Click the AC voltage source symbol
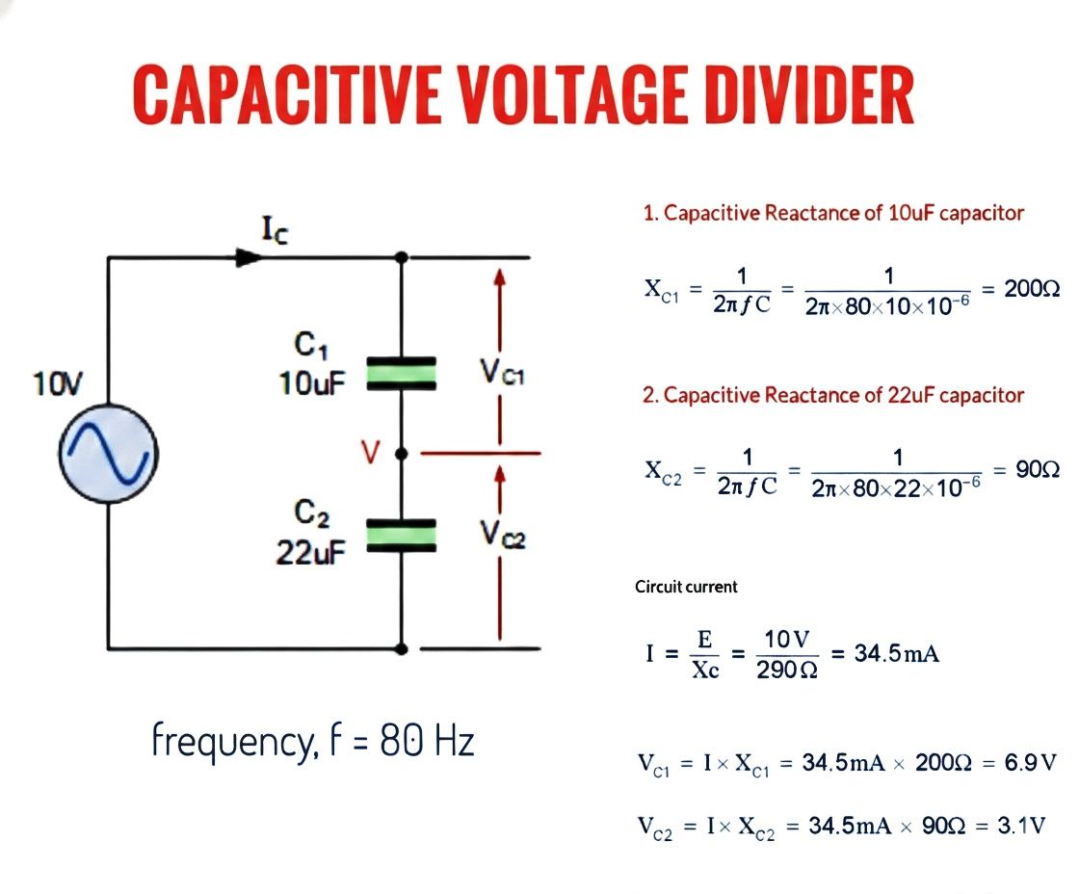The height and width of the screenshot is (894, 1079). (109, 454)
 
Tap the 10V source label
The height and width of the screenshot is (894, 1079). (57, 384)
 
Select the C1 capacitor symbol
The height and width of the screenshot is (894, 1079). (401, 374)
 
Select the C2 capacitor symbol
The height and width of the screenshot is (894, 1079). (401, 536)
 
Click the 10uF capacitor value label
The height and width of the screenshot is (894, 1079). (312, 382)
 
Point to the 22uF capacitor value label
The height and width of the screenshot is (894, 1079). (310, 552)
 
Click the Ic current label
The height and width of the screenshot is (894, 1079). (276, 230)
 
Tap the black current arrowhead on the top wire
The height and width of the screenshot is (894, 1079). (250, 258)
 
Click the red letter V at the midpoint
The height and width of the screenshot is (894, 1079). (370, 452)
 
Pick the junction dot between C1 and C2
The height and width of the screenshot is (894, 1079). (402, 454)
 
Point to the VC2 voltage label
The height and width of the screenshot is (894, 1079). (503, 534)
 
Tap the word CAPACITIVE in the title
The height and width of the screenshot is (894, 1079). (286, 94)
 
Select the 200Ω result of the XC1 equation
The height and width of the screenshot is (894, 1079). (1032, 288)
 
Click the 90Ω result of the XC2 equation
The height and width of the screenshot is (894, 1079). (1038, 470)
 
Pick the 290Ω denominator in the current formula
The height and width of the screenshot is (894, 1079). (787, 670)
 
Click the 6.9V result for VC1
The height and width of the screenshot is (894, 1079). (1030, 763)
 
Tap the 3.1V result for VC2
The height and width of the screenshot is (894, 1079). (1021, 826)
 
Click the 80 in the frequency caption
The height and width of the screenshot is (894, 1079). (401, 741)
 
